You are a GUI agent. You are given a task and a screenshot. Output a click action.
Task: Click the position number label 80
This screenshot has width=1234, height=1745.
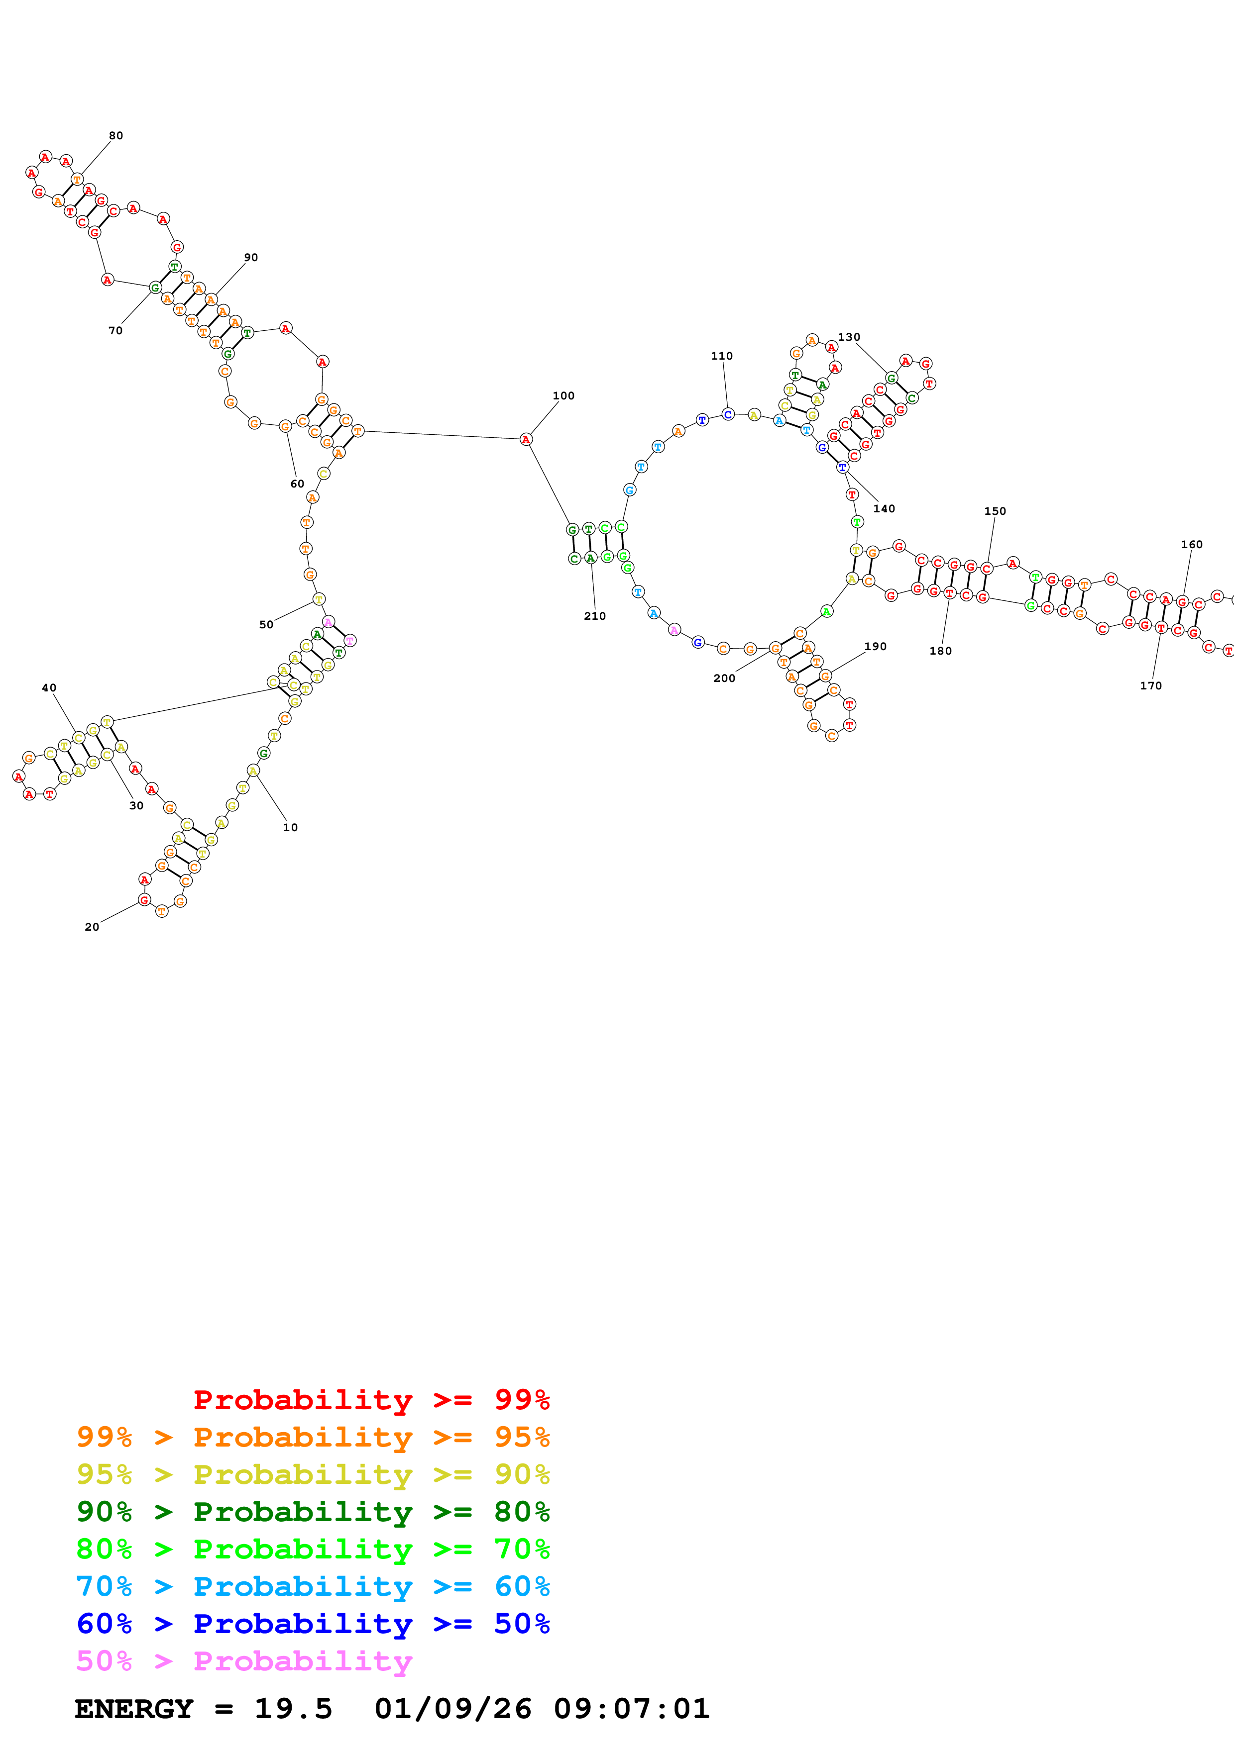pos(115,136)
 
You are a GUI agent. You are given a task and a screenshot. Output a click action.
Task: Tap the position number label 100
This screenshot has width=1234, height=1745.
pos(563,396)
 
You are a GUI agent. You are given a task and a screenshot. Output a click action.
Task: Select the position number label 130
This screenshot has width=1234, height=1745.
pos(849,337)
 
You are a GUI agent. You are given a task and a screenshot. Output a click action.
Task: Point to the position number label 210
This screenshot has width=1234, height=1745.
pos(594,616)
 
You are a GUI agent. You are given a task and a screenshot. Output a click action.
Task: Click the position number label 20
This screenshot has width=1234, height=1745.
pos(92,927)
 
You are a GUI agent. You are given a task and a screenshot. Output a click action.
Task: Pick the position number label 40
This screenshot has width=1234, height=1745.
pos(49,688)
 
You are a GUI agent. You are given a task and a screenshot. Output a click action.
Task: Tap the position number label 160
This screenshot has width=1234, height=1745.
pos(1191,545)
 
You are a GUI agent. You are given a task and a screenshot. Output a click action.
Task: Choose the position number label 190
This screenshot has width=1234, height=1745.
pos(875,647)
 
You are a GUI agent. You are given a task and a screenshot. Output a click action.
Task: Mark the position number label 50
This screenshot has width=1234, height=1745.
pos(266,625)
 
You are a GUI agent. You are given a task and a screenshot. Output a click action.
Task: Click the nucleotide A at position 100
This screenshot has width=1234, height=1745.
pos(525,439)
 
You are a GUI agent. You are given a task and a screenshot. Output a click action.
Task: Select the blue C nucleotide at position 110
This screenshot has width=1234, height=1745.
pos(728,415)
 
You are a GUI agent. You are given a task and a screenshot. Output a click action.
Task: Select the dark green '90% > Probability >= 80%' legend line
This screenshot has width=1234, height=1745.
pos(313,1512)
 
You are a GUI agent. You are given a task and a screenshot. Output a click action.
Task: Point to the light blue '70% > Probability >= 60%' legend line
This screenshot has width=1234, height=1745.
pos(313,1586)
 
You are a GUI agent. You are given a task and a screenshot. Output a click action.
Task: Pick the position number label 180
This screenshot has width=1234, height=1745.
pos(940,651)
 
